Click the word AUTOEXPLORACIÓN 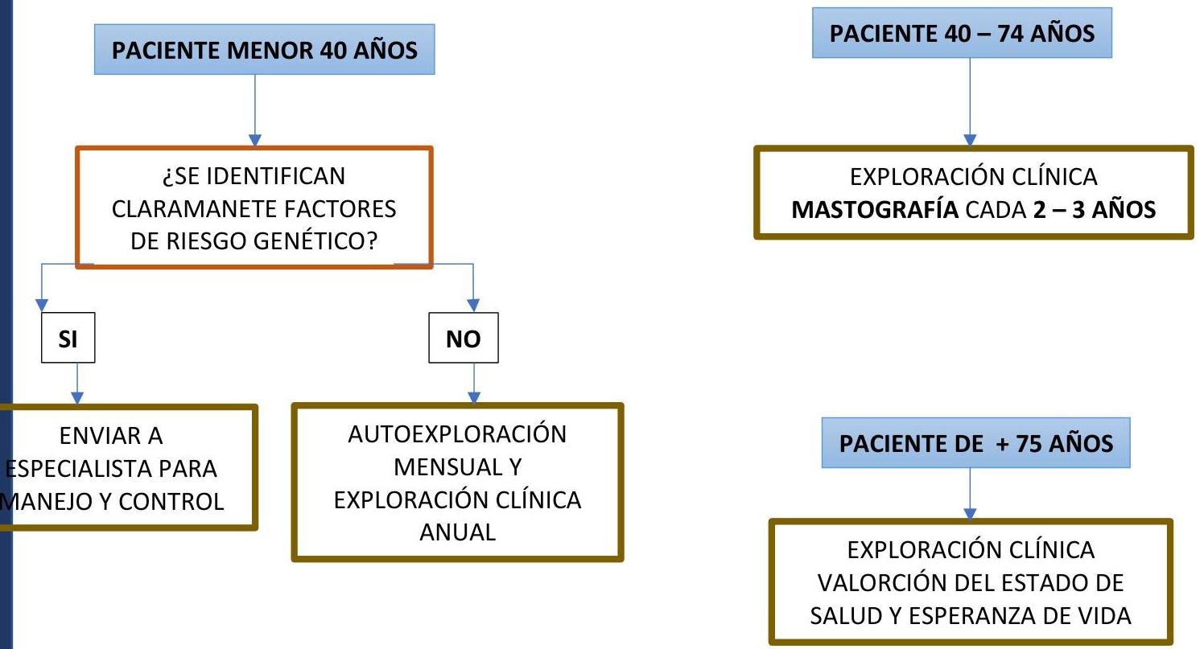pyautogui.click(x=457, y=434)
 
